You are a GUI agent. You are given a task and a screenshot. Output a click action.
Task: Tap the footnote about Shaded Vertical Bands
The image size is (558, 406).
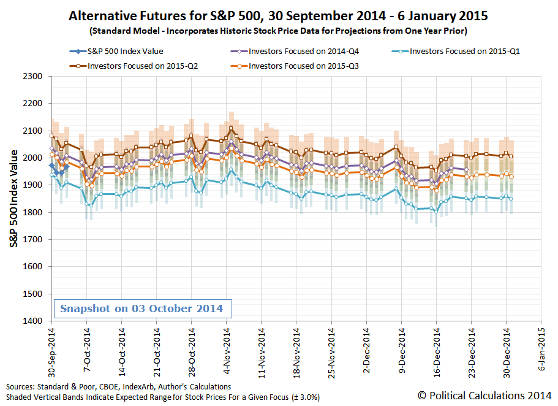coord(163,397)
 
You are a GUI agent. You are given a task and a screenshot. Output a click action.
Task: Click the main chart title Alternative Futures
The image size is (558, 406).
coord(278,15)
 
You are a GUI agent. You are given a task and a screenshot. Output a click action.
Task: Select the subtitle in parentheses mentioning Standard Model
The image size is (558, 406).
coord(278,30)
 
